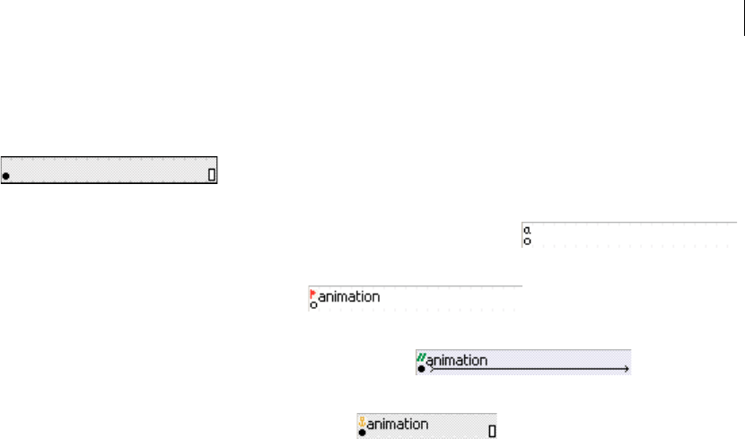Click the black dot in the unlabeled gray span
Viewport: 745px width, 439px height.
pos(6,176)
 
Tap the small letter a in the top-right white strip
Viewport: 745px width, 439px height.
pos(528,230)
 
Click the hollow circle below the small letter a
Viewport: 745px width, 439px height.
pos(528,241)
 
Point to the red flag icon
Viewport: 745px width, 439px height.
pos(312,293)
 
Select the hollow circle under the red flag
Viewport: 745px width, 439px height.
pos(313,305)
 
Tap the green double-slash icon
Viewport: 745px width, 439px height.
pos(421,357)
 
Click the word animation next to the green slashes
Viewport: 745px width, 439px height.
pos(457,361)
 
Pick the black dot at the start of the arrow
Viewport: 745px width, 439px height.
pos(421,369)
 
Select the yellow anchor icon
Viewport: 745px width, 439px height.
pos(362,420)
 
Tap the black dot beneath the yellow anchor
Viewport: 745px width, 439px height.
pos(362,432)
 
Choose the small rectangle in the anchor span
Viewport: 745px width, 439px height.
pos(492,430)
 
